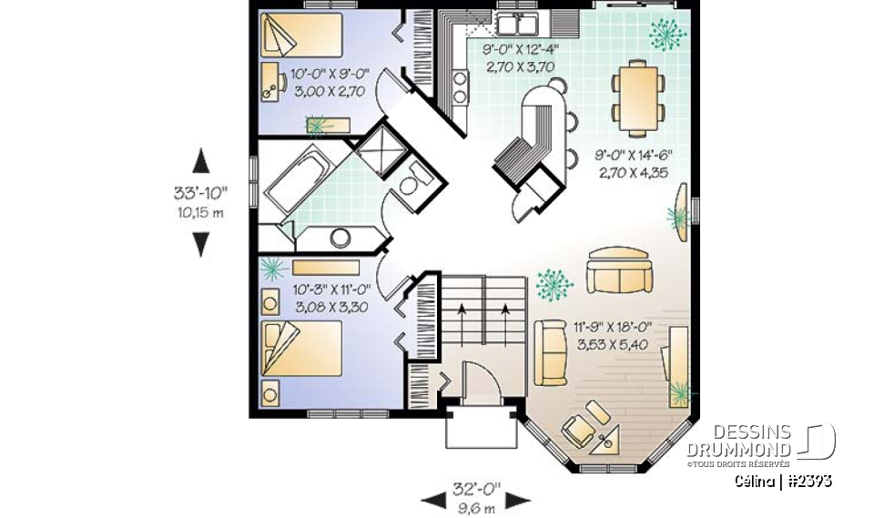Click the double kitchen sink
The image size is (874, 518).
pos(520,22)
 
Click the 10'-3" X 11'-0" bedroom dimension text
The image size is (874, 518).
pos(330,300)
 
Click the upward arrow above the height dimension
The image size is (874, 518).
pos(201,163)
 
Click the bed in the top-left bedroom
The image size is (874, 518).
pos(300,36)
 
